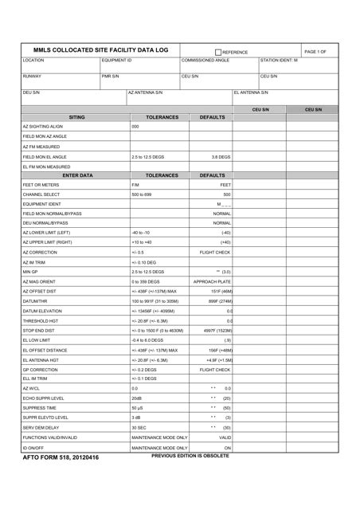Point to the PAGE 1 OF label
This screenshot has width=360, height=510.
(315, 51)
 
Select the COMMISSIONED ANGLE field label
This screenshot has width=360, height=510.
(205, 60)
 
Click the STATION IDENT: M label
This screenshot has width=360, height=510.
(279, 60)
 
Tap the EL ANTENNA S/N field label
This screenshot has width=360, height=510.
(251, 92)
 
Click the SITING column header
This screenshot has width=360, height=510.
(76, 116)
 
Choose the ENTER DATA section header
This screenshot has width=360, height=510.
(76, 175)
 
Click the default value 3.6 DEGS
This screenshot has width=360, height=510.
(221, 157)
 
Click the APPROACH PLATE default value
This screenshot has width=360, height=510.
(212, 281)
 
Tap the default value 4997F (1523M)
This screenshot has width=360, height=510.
(215, 330)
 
